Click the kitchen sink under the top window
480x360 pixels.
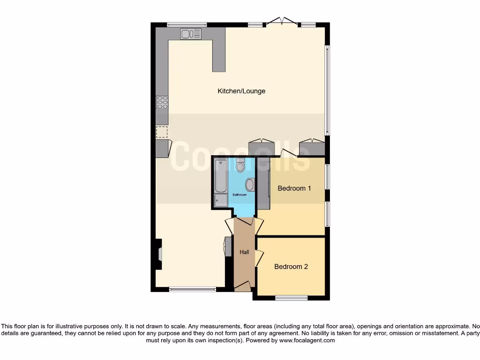click(x=191, y=34)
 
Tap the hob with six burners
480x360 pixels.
click(x=162, y=102)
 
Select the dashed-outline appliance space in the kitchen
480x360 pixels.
click(x=162, y=132)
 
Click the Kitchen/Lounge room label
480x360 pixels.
click(x=241, y=91)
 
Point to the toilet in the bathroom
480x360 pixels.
click(x=240, y=165)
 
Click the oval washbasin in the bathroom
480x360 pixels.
click(x=249, y=184)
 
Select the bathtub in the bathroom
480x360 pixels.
click(x=220, y=176)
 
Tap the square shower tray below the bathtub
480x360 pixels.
click(x=220, y=201)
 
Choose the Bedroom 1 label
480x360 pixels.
click(x=294, y=188)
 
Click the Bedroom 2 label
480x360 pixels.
click(x=291, y=267)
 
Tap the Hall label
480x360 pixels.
click(x=244, y=252)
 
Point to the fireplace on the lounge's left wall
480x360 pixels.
click(x=159, y=254)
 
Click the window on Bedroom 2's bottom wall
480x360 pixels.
click(x=291, y=298)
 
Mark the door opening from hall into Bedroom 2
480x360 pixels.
click(x=259, y=258)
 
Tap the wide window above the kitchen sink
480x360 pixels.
click(x=187, y=24)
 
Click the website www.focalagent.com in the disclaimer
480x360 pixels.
click(x=307, y=341)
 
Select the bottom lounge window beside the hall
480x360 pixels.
click(x=192, y=289)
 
